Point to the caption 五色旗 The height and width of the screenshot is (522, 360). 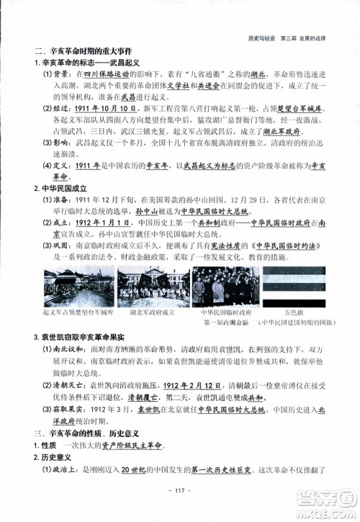[293, 314]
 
